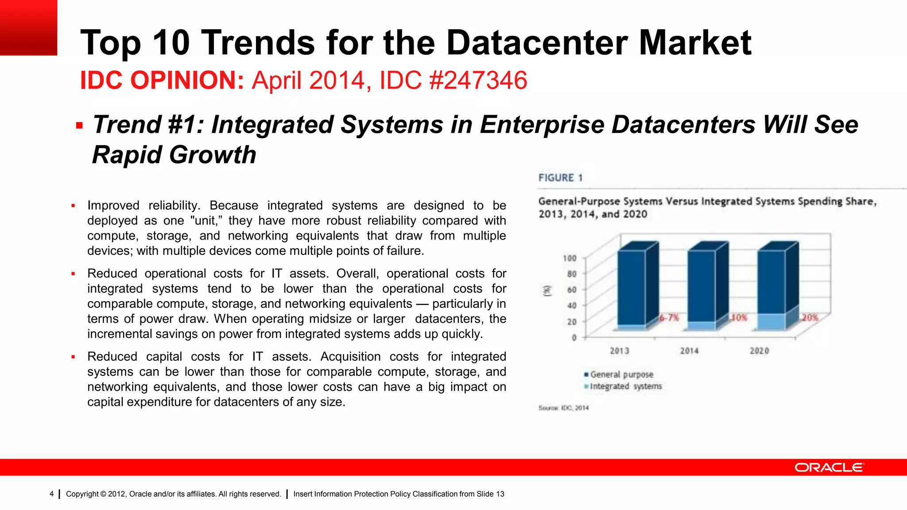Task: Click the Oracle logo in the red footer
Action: pyautogui.click(x=829, y=467)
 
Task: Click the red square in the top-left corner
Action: pyautogui.click(x=28, y=27)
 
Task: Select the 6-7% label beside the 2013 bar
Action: pyautogui.click(x=669, y=317)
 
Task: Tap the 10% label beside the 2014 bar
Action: pyautogui.click(x=739, y=317)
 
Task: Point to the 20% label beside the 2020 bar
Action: pyautogui.click(x=810, y=317)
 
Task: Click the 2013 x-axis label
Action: pyautogui.click(x=619, y=351)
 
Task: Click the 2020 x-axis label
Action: pyautogui.click(x=759, y=351)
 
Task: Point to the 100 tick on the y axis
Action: pyautogui.click(x=570, y=258)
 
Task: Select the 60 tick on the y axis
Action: pyautogui.click(x=572, y=290)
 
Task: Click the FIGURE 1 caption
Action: pyautogui.click(x=560, y=178)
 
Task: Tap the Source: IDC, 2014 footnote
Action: pyautogui.click(x=563, y=408)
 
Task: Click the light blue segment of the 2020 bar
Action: pyautogui.click(x=771, y=321)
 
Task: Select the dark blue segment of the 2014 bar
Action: pyautogui.click(x=701, y=286)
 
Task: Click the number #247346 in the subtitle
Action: pyautogui.click(x=478, y=81)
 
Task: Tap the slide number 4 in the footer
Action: pyautogui.click(x=52, y=494)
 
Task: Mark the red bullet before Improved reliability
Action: pyautogui.click(x=74, y=206)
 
